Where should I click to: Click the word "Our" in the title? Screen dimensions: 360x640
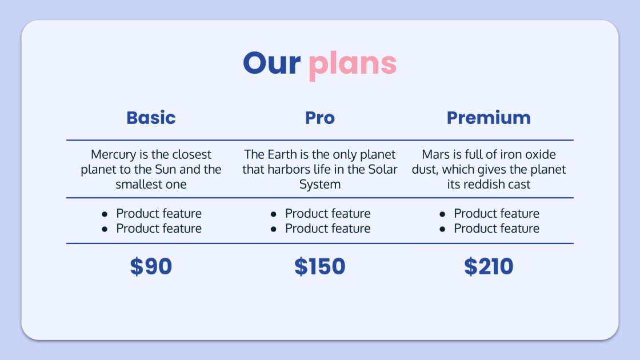coord(271,63)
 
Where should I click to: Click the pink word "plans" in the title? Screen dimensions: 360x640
coord(353,64)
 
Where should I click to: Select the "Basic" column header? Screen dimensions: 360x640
coord(151,118)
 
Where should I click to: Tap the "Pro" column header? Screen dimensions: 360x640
coord(319,118)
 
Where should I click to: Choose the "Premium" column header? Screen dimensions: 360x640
coord(489,118)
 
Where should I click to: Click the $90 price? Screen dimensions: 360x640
coord(151,267)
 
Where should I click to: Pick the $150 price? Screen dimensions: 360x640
coord(319,267)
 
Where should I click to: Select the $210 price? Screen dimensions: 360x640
coord(489,267)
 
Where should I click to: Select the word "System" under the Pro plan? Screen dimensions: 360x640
coord(319,185)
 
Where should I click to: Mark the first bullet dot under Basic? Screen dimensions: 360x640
coord(105,214)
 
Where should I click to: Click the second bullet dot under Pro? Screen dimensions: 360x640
coord(274,229)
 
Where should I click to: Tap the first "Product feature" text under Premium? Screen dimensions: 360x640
coord(497,214)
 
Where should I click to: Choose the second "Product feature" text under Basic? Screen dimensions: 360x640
coord(159,229)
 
